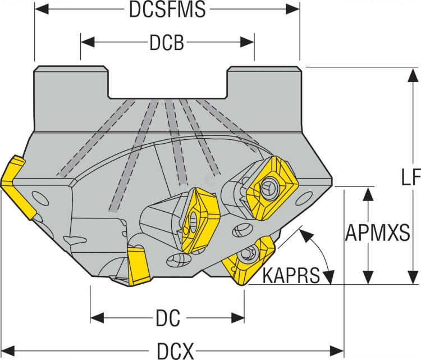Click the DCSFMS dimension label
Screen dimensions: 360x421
167,10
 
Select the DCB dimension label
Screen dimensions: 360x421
167,43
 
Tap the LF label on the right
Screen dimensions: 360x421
410,177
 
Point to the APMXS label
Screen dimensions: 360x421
377,233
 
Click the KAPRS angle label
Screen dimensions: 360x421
291,275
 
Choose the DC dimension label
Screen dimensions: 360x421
167,319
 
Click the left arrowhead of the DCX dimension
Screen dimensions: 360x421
8,348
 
